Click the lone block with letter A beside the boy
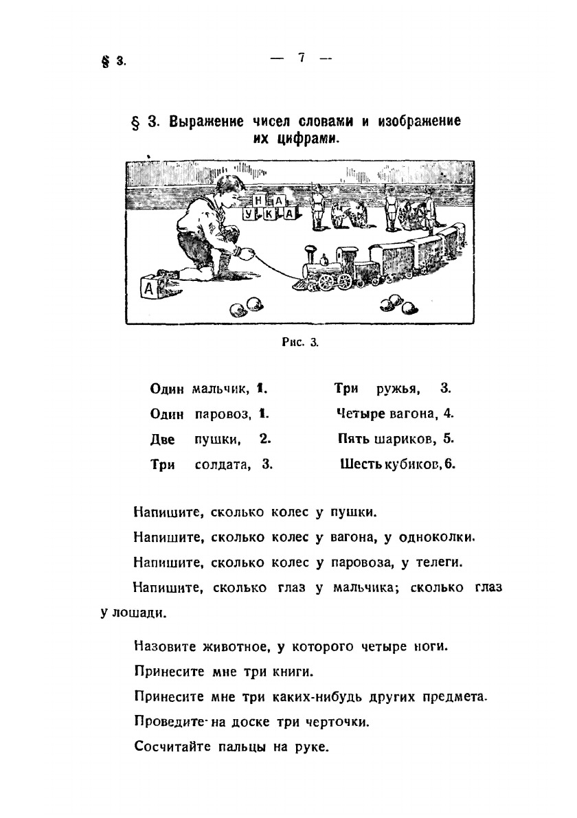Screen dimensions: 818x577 click(x=150, y=288)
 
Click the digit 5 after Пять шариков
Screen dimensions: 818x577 click(x=449, y=438)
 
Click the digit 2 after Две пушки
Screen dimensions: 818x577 click(x=264, y=438)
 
